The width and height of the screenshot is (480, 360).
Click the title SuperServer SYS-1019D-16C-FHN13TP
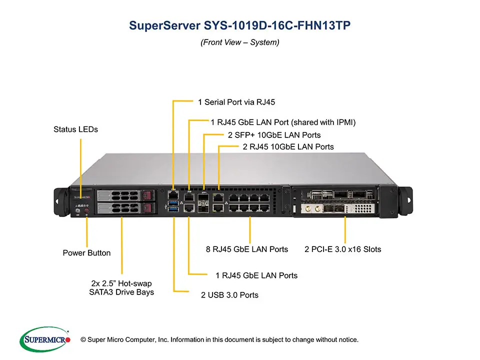239,25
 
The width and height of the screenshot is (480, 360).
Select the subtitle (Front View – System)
239,42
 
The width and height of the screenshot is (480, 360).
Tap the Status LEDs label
75,129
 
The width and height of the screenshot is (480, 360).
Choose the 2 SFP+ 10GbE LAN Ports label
274,135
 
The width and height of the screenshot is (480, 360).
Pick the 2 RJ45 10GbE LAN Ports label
288,147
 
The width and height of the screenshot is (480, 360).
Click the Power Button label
86,253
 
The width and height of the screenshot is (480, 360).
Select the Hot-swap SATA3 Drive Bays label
118,287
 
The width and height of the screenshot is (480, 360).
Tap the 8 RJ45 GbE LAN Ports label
247,249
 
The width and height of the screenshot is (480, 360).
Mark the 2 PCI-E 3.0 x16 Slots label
343,249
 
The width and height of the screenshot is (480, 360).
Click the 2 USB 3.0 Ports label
229,295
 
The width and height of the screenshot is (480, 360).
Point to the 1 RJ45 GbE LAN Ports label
256,275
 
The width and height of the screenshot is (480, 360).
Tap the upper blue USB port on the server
173,202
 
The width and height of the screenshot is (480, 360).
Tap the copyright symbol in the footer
83,340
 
